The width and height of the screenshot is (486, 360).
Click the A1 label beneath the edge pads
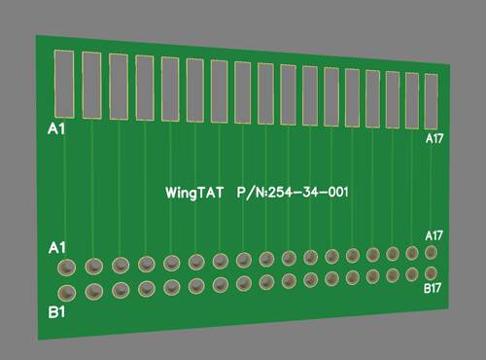point(56,129)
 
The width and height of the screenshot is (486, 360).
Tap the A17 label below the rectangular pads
point(434,139)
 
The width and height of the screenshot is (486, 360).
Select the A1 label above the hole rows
point(57,248)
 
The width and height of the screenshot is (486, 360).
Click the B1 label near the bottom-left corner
point(56,312)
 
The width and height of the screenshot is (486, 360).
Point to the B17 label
point(433,288)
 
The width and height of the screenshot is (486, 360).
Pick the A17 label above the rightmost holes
point(434,235)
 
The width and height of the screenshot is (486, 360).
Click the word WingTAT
point(194,193)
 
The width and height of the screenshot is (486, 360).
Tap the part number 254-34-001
point(308,193)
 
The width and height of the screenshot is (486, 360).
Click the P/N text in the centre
point(252,193)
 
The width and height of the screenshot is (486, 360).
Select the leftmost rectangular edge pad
point(64,84)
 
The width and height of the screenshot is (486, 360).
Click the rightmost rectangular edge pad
point(431,101)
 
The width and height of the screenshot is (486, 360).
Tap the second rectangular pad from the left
point(91,86)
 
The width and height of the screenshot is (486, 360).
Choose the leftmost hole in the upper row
point(66,268)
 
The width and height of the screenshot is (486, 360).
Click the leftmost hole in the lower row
point(67,293)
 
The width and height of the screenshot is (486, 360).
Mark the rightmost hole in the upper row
point(431,253)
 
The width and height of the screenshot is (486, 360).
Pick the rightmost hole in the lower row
point(431,273)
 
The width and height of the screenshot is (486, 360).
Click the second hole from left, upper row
point(94,267)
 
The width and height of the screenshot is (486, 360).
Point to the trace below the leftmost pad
point(65,188)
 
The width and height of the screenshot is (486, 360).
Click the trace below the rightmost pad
point(432,188)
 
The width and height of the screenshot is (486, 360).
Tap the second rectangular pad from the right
point(412,100)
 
